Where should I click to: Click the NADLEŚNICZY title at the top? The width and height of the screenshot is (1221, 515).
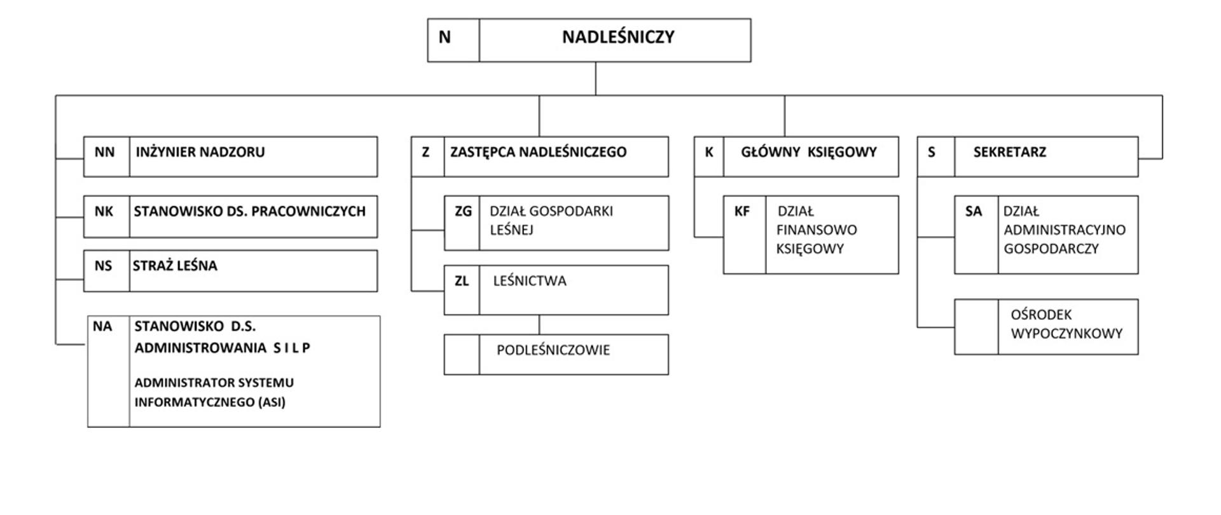point(617,38)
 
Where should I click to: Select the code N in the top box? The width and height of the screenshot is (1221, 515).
point(445,38)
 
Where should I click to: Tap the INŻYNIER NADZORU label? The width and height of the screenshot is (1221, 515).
point(200,153)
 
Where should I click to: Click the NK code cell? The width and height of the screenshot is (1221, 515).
point(104,212)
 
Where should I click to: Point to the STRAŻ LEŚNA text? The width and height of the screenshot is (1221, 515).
point(175,266)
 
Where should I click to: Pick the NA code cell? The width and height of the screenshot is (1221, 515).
point(102,327)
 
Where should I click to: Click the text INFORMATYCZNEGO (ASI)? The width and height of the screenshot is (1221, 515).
point(209,402)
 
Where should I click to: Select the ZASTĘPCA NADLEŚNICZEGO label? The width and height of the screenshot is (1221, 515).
point(538,153)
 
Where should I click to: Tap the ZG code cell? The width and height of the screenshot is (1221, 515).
point(463,212)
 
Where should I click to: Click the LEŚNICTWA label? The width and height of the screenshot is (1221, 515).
point(529,281)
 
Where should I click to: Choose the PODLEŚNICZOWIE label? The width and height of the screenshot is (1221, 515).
point(553,350)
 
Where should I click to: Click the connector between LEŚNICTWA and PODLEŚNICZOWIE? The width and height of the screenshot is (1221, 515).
point(539,325)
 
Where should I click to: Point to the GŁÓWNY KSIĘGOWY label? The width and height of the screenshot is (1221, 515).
point(808,153)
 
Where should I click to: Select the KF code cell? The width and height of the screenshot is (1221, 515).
point(742,212)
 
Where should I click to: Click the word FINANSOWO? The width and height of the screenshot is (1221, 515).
point(816,230)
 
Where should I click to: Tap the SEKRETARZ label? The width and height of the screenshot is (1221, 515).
point(1009,153)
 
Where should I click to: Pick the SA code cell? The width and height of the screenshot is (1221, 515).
point(973,212)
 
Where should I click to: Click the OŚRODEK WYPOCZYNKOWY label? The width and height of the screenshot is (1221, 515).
point(1066,324)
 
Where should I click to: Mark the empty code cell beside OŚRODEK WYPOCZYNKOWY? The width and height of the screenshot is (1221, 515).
point(976,327)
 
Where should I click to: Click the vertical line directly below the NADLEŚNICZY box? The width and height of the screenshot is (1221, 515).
point(596,78)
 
